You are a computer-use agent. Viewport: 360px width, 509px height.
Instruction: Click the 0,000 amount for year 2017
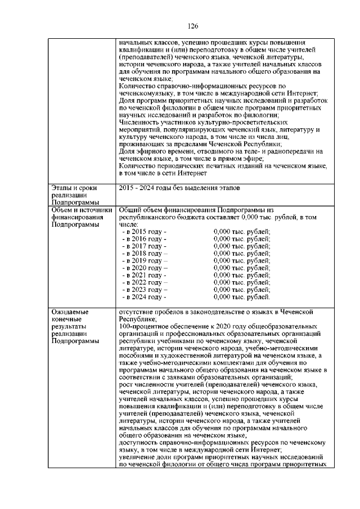242,246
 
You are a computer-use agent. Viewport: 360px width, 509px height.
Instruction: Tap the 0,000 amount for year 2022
242,282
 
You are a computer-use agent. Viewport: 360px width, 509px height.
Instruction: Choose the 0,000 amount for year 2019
242,260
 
